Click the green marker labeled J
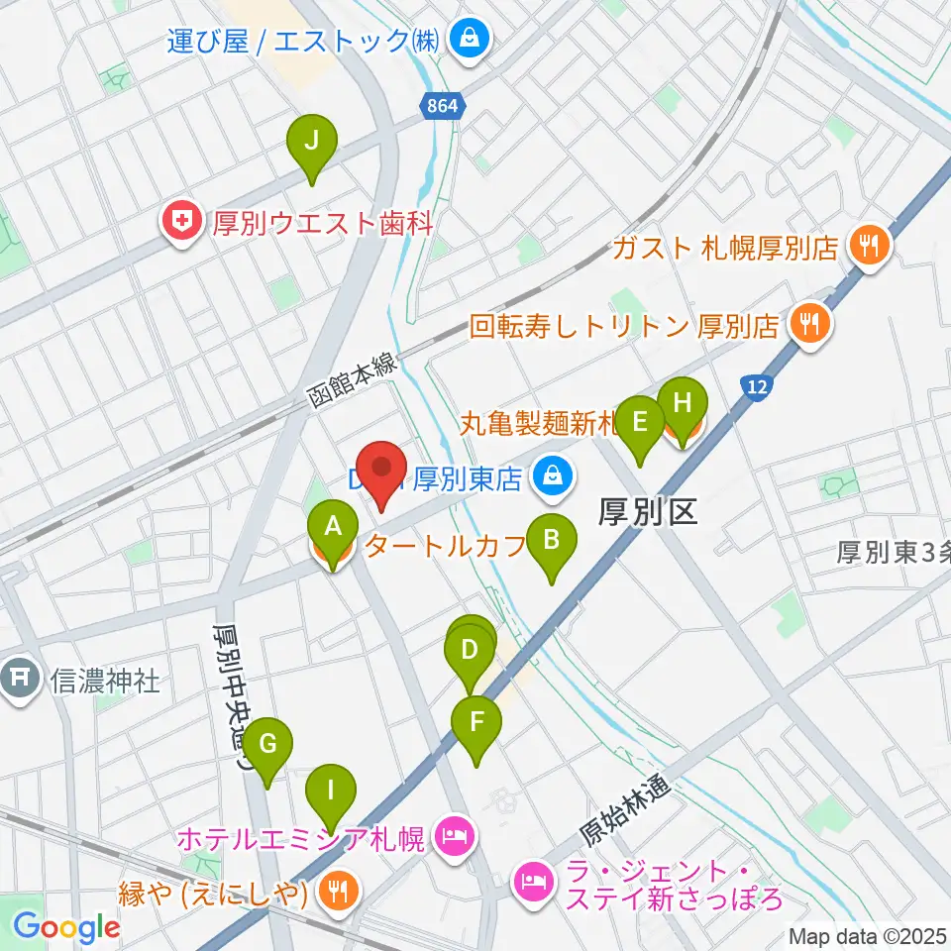tap(311, 143)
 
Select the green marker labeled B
tap(553, 541)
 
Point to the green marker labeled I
tap(331, 791)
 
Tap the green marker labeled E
tap(640, 423)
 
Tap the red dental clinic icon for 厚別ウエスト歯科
tap(182, 221)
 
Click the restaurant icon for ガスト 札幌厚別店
tap(871, 244)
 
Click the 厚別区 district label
tap(649, 511)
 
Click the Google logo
tap(66, 927)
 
